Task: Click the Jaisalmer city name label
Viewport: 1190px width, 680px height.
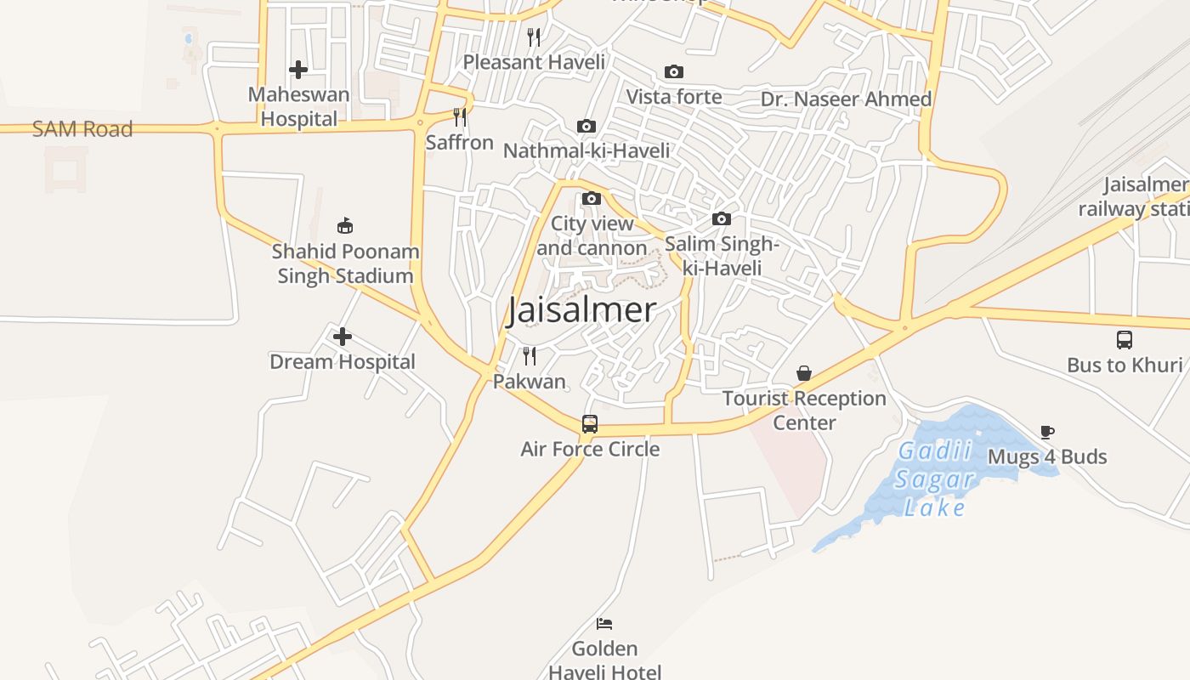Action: [x=581, y=310]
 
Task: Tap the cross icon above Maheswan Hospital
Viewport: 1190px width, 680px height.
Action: [x=298, y=70]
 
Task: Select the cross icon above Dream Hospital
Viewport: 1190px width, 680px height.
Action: [x=343, y=337]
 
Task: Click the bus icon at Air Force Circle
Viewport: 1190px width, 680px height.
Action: [x=590, y=423]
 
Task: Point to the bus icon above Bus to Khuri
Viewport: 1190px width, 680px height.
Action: [x=1125, y=340]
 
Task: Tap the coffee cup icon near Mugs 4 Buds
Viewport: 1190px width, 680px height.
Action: [x=1047, y=432]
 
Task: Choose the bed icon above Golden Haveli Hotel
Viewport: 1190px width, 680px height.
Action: [x=604, y=624]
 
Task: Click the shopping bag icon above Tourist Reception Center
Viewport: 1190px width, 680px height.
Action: [x=804, y=373]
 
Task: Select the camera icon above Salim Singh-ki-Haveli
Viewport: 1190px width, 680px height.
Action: [x=722, y=219]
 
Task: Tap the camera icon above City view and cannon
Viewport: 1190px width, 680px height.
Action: [x=591, y=199]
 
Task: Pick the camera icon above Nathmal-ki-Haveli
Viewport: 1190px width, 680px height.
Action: [x=586, y=127]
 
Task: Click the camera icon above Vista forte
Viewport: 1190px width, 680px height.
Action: [x=674, y=72]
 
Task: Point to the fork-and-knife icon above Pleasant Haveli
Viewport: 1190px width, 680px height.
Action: [x=534, y=37]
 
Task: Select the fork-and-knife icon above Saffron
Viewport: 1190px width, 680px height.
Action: [x=460, y=117]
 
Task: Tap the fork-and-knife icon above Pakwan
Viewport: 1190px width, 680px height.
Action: [x=530, y=355]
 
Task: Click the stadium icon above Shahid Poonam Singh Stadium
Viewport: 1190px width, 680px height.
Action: [x=345, y=226]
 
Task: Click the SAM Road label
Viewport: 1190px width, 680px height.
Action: [x=82, y=129]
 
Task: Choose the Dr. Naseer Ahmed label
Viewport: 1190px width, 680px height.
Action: [x=846, y=99]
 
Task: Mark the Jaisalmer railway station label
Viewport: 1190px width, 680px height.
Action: [x=1136, y=197]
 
